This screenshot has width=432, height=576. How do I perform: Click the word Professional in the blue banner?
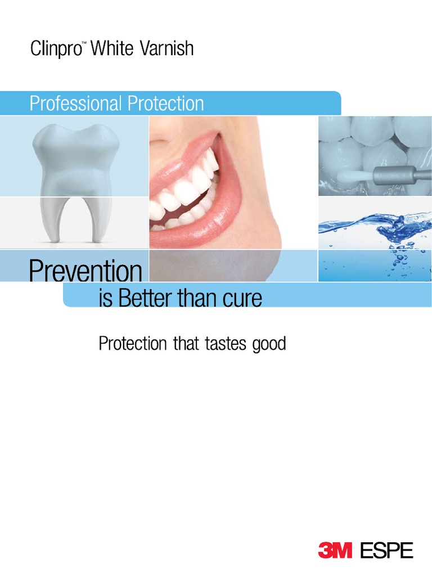coord(76,103)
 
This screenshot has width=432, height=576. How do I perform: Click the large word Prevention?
coord(85,272)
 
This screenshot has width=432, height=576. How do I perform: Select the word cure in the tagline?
coord(242,298)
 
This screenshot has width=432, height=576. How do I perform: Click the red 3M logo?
coord(335,550)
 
